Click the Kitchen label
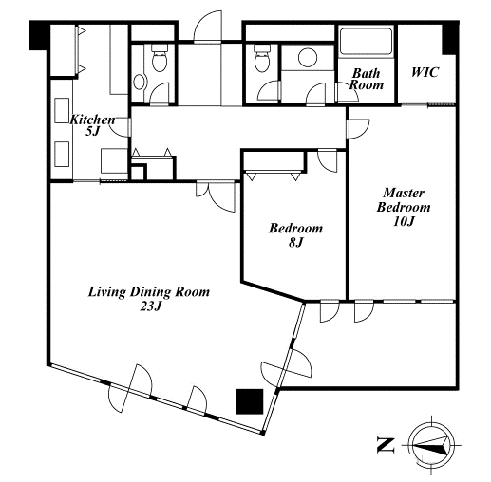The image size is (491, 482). tap(92, 120)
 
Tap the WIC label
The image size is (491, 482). tap(425, 72)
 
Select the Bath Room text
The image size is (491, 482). tap(366, 79)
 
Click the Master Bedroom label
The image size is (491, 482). tap(404, 200)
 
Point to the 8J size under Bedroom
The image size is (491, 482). tap(295, 242)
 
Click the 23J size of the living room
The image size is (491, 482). tap(151, 306)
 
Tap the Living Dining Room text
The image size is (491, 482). tap(149, 292)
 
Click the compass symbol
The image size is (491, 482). tap(432, 444)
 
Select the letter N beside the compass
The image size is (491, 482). tap(386, 445)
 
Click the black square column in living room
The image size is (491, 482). tap(250, 401)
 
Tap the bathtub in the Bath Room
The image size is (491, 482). tap(366, 42)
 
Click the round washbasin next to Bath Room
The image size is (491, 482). tap(308, 57)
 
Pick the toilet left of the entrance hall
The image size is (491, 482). tap(160, 57)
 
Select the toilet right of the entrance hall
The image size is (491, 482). tap(262, 58)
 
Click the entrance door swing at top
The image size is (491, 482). tap(208, 27)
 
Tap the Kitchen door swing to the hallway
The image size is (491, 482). tap(120, 127)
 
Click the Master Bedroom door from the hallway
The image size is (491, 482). tap(358, 129)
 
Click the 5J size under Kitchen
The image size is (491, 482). tap(92, 131)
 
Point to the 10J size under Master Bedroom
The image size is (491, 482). tap(404, 221)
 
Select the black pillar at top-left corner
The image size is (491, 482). tap(40, 35)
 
